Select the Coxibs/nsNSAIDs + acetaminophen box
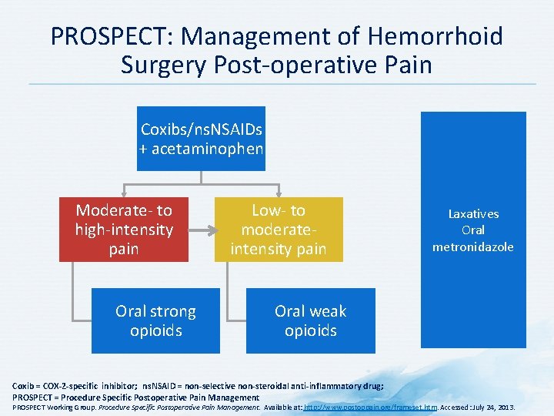point(202,138)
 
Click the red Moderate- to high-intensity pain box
point(124,230)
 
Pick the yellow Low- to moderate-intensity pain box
point(278,230)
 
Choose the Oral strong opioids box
point(155,320)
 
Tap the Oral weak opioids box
point(310,320)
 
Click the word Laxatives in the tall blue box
point(473,214)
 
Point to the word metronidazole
point(473,247)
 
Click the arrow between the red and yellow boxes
point(202,230)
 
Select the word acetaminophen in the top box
point(208,148)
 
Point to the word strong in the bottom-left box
point(174,311)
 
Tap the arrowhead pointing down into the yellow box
point(278,193)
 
